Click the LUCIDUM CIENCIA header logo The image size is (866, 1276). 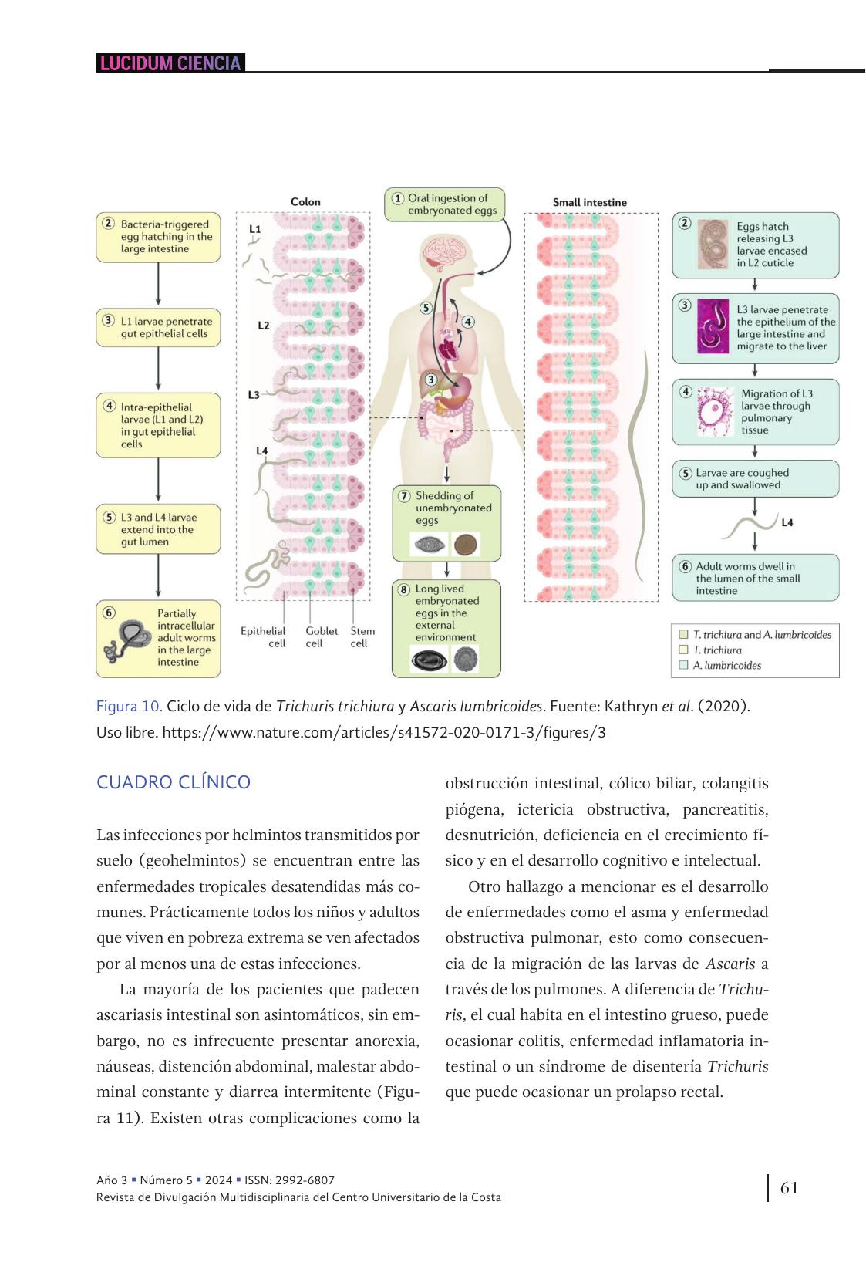(170, 63)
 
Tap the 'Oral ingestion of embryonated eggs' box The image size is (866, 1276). (445, 204)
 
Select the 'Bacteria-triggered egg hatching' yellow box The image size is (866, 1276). (158, 237)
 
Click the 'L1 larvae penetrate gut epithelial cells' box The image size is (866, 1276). (158, 328)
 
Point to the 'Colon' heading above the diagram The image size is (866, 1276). (305, 201)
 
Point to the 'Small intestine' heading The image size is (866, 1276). (589, 202)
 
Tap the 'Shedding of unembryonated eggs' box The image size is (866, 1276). (446, 522)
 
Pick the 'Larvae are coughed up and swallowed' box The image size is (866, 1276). (755, 479)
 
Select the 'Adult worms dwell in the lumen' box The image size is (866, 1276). (755, 578)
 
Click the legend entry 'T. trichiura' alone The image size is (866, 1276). (716, 650)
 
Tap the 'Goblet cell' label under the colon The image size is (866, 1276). (321, 636)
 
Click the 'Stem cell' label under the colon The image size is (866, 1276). (362, 636)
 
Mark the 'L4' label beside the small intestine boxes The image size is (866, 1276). (787, 523)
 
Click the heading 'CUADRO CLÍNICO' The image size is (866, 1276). (174, 782)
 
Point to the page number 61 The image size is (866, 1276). (789, 1187)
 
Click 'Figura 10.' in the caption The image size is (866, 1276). (129, 706)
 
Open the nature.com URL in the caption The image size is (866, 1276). (384, 732)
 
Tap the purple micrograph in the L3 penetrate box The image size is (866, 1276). (713, 327)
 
